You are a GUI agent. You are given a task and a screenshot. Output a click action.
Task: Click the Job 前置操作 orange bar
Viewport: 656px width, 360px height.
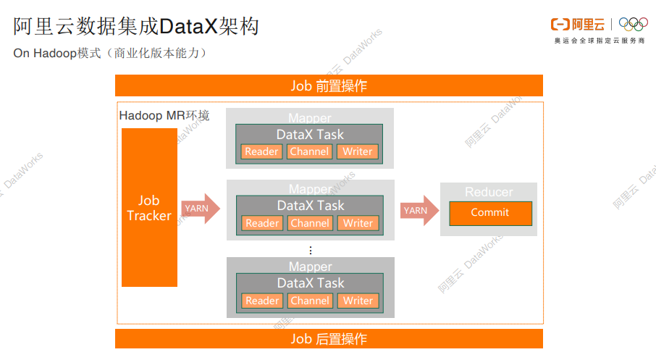coord(329,85)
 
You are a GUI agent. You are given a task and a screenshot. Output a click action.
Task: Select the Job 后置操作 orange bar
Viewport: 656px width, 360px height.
coord(329,338)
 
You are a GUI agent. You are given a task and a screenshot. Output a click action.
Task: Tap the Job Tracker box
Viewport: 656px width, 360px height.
coord(149,208)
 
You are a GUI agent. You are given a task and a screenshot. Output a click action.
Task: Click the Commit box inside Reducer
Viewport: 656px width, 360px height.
coord(490,213)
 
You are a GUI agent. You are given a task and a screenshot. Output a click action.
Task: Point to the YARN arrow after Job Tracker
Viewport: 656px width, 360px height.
coord(199,209)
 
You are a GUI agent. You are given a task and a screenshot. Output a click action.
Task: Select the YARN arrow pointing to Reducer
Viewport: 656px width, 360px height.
coord(419,211)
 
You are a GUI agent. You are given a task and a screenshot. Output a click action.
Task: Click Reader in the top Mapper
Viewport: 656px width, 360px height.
coord(262,151)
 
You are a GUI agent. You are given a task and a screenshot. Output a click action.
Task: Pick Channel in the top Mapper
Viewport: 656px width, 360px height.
coord(310,151)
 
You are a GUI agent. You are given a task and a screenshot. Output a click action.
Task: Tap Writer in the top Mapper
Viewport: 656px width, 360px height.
coord(358,151)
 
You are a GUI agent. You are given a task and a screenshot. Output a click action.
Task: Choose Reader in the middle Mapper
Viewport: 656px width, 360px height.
coord(262,223)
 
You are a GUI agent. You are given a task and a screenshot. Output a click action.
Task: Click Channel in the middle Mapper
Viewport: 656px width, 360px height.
coord(310,223)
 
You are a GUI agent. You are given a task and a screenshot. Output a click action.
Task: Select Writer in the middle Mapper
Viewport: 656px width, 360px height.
coord(358,223)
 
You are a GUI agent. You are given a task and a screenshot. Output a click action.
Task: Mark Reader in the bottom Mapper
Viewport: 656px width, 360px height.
coord(262,301)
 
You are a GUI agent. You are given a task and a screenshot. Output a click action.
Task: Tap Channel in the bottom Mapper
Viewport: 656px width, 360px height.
coord(310,301)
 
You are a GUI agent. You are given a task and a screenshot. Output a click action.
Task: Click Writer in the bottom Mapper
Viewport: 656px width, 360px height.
coord(358,301)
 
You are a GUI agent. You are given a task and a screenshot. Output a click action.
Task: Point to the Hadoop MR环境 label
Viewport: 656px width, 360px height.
coord(164,116)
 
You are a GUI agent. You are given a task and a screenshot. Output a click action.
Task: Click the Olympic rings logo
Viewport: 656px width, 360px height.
coord(634,25)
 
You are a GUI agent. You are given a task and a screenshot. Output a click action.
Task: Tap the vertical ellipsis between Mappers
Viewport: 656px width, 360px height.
coord(311,250)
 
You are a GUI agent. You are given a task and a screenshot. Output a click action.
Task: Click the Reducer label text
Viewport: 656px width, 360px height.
coord(489,192)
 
